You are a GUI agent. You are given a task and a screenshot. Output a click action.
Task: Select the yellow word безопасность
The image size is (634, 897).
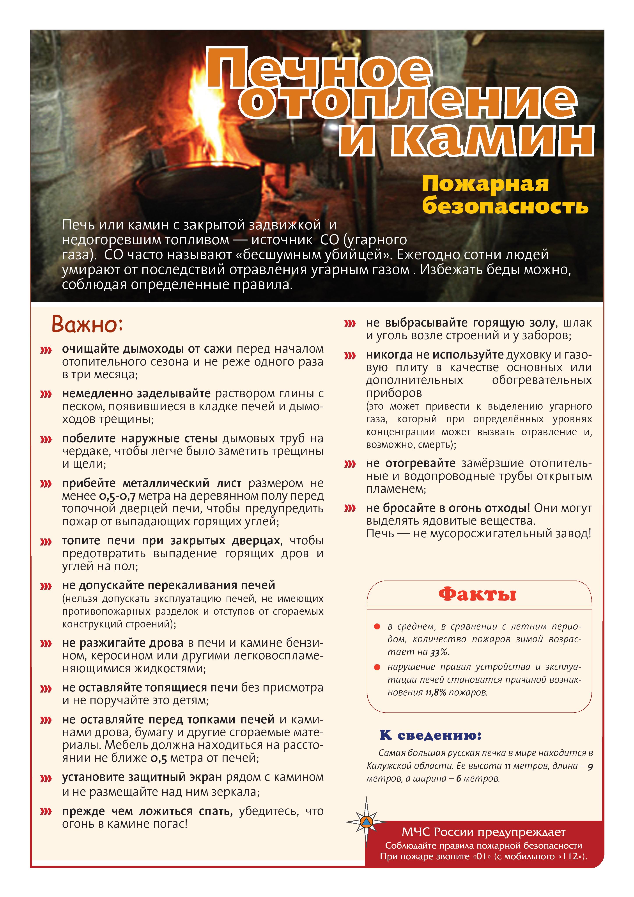coord(505,206)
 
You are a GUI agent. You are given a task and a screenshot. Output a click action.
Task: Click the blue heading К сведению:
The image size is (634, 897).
coord(430,735)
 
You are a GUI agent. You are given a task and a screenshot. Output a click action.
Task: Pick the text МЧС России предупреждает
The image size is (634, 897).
coord(483,832)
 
